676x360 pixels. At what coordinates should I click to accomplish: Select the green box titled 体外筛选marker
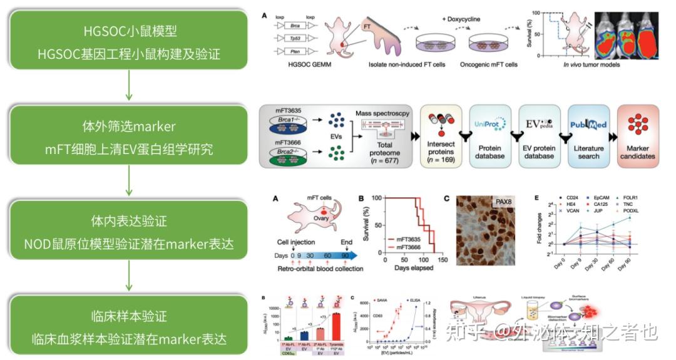point(128,137)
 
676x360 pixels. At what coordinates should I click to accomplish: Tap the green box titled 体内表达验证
point(128,232)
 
